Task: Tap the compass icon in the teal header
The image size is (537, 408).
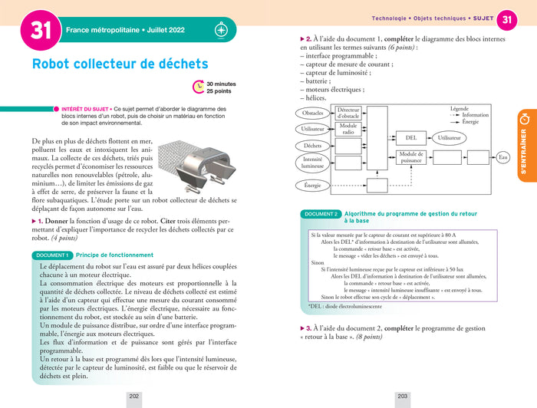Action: point(220,31)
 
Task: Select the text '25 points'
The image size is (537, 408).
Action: point(220,92)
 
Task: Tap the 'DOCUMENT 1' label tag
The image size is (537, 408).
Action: point(51,255)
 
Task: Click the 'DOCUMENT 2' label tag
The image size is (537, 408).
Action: point(321,214)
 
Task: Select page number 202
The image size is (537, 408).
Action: point(133,396)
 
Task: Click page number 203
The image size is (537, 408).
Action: point(402,396)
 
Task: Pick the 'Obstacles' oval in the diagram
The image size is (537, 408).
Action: point(313,114)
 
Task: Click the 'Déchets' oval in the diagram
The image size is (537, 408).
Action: point(312,146)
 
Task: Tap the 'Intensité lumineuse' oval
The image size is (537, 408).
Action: point(313,162)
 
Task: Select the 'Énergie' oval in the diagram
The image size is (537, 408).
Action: point(313,185)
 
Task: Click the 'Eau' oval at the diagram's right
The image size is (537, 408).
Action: point(503,157)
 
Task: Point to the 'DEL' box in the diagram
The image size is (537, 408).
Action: point(411,138)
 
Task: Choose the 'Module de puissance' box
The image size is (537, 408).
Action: point(411,157)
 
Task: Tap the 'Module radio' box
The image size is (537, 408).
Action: point(348,129)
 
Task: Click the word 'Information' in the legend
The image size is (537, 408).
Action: point(475,116)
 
